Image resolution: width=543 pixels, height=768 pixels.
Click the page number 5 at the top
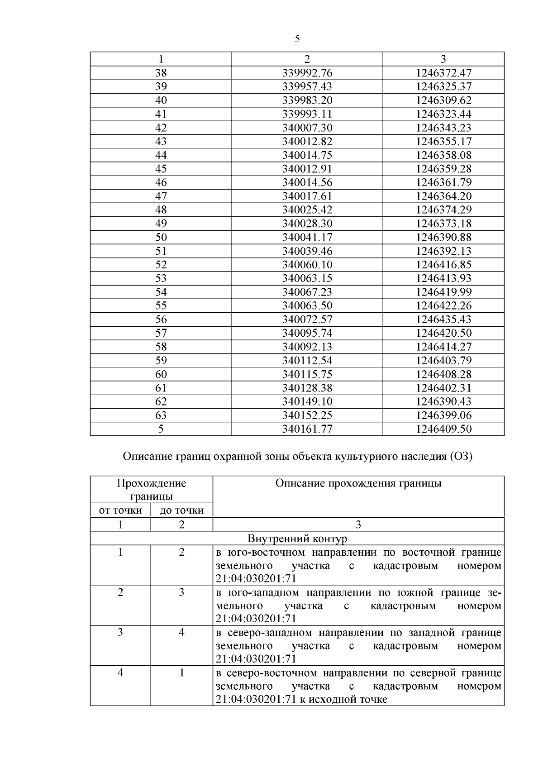297,39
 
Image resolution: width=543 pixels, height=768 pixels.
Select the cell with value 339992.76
307,73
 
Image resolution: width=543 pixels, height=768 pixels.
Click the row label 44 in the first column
161,155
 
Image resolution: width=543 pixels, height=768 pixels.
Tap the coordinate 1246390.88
443,237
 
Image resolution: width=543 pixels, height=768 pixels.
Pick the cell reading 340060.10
307,265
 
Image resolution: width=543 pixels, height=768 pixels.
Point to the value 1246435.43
443,320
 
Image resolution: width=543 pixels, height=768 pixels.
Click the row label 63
161,415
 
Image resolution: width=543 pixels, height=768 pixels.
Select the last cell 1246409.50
443,429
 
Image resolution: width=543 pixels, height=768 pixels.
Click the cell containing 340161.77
307,429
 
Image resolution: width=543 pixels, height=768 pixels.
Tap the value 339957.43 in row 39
307,86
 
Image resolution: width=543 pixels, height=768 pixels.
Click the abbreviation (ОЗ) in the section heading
461,456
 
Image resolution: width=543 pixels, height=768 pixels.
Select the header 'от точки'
120,510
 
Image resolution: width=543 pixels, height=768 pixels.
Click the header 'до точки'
181,510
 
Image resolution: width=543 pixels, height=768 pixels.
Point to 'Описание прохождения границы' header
358,483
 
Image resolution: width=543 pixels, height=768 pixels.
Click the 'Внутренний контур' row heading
297,539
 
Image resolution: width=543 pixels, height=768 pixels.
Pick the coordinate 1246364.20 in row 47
443,196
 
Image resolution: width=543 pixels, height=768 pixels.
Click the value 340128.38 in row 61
307,388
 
